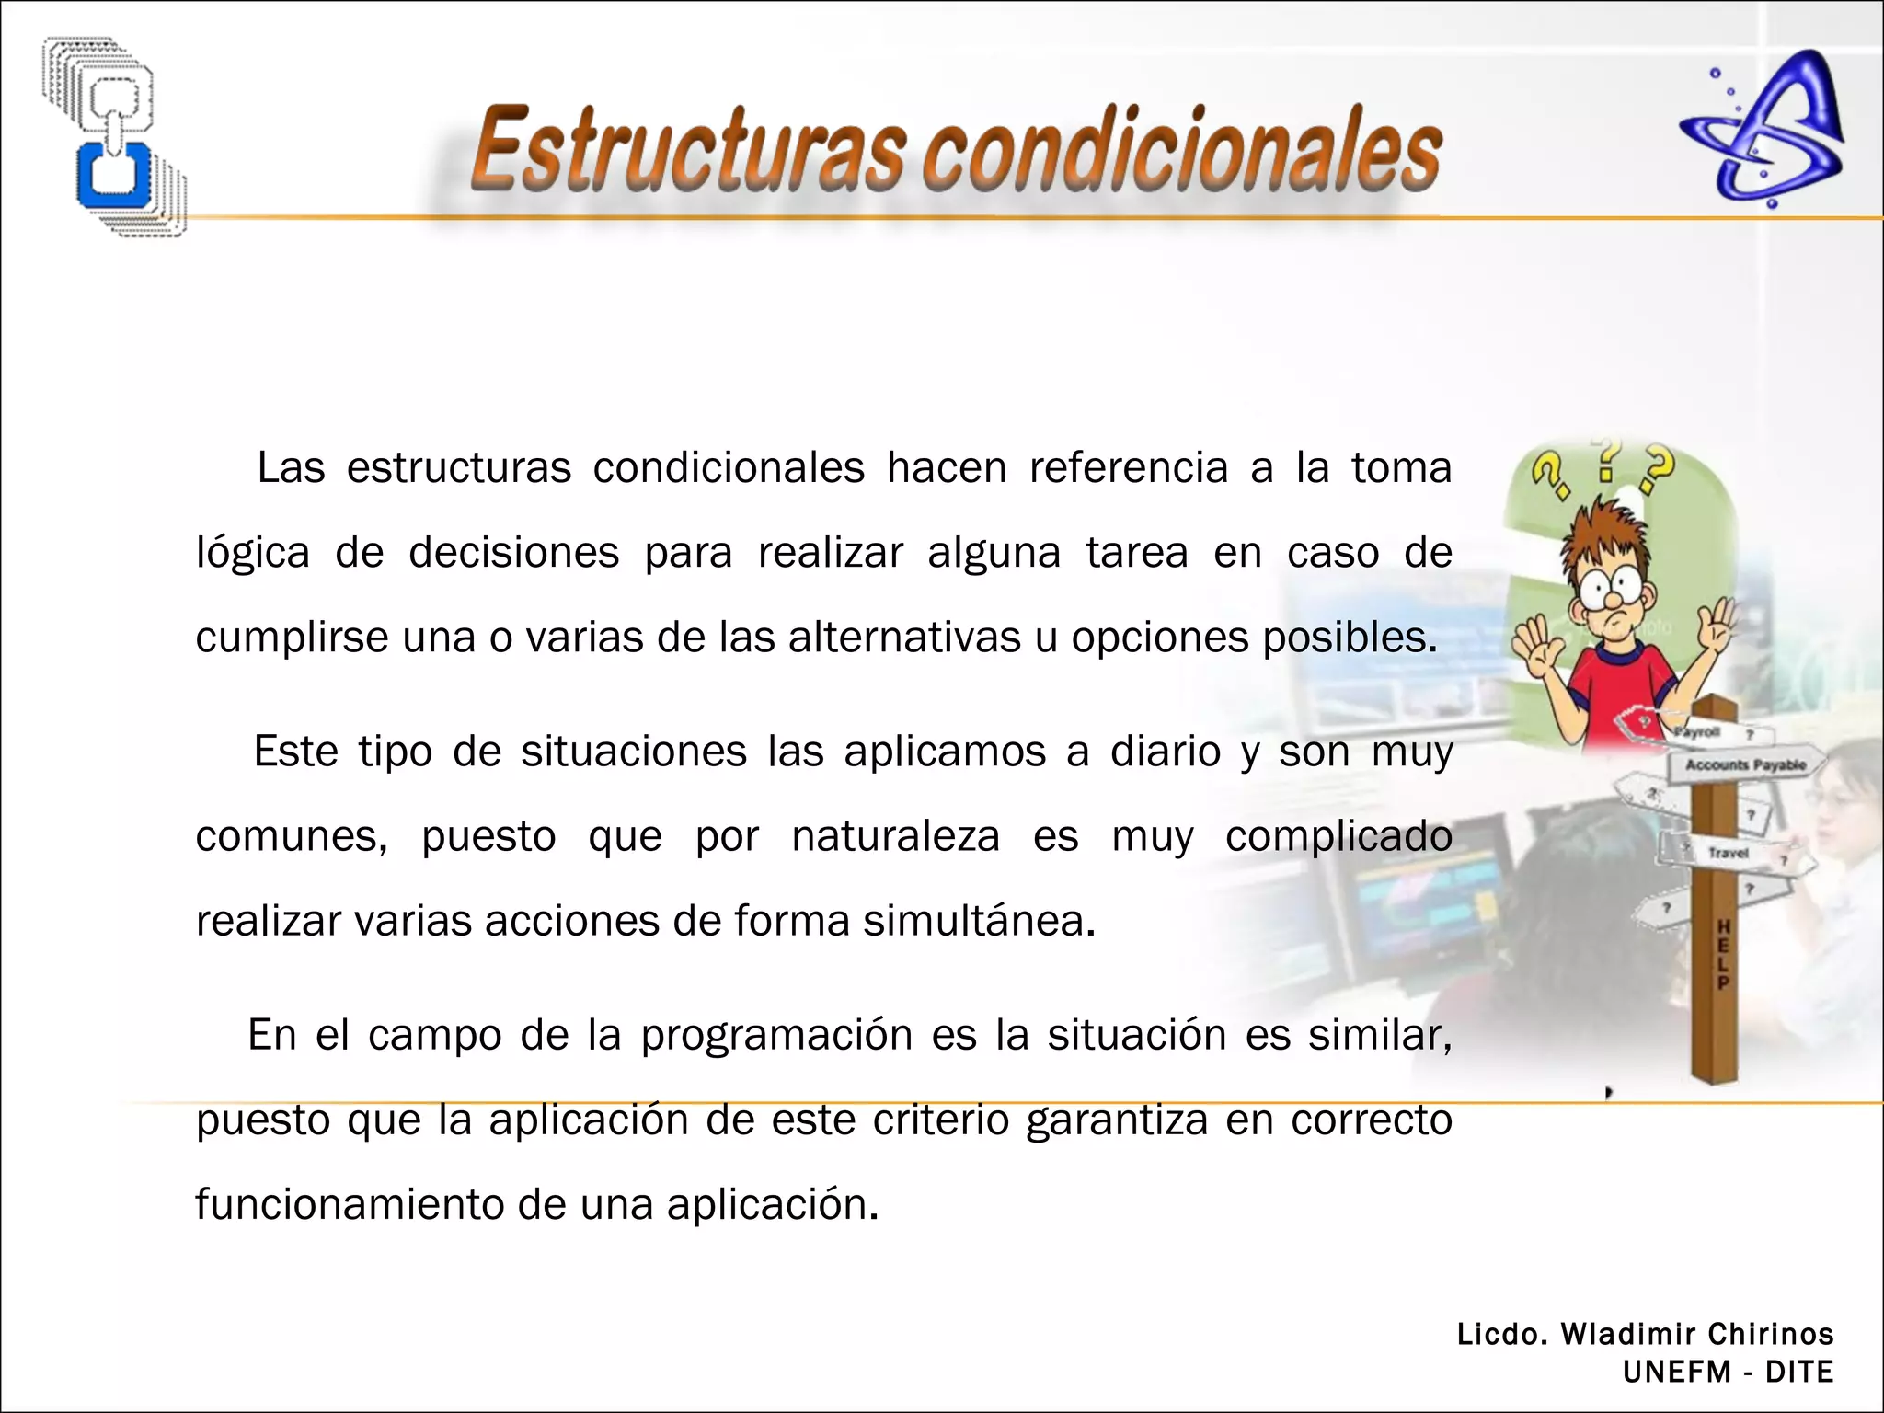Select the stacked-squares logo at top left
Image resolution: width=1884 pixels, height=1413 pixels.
[x=114, y=136]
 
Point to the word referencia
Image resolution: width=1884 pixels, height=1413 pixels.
[x=1128, y=468]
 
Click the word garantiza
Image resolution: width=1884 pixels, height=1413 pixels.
[x=1116, y=1120]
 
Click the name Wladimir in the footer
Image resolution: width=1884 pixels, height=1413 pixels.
[x=1627, y=1334]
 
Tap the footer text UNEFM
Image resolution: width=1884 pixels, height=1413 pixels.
[x=1676, y=1372]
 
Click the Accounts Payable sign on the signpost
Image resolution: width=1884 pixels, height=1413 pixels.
[x=1744, y=765]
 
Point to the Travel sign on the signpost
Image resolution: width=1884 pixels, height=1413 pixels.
[x=1728, y=853]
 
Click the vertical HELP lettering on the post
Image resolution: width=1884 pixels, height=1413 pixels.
[x=1723, y=954]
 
